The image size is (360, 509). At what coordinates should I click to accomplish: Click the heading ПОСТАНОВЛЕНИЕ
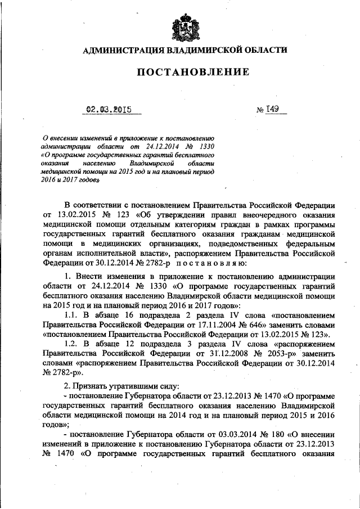point(184,72)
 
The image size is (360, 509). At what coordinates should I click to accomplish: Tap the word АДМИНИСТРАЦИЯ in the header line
point(122,49)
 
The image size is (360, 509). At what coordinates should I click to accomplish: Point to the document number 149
point(274,110)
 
